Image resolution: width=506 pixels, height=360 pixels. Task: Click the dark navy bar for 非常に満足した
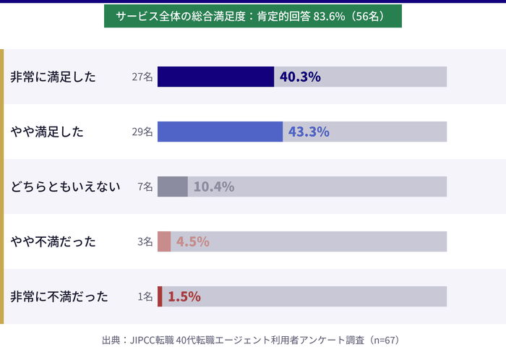(215, 77)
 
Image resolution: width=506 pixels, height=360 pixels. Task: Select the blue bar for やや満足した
(220, 132)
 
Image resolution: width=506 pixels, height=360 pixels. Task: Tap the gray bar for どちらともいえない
(172, 187)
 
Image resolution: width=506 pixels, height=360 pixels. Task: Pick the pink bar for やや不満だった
(164, 241)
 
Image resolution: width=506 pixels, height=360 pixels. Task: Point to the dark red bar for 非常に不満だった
(160, 296)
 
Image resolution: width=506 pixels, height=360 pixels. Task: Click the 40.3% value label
(300, 77)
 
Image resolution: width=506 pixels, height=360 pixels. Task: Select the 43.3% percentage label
(309, 132)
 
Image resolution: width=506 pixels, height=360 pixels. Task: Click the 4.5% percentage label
(193, 241)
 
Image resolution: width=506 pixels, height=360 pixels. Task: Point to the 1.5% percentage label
(184, 296)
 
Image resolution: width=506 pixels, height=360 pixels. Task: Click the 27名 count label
(142, 77)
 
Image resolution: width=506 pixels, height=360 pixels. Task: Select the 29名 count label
(142, 132)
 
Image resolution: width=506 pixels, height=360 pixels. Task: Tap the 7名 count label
(145, 187)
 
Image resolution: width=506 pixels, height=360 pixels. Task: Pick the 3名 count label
(145, 242)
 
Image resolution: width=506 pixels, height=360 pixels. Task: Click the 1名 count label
(145, 297)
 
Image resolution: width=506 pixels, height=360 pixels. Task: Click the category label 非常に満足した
(53, 77)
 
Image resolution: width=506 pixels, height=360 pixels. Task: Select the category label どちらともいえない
(64, 187)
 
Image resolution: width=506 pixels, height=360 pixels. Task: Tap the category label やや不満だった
(53, 242)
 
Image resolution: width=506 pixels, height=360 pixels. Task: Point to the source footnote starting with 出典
(252, 339)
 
